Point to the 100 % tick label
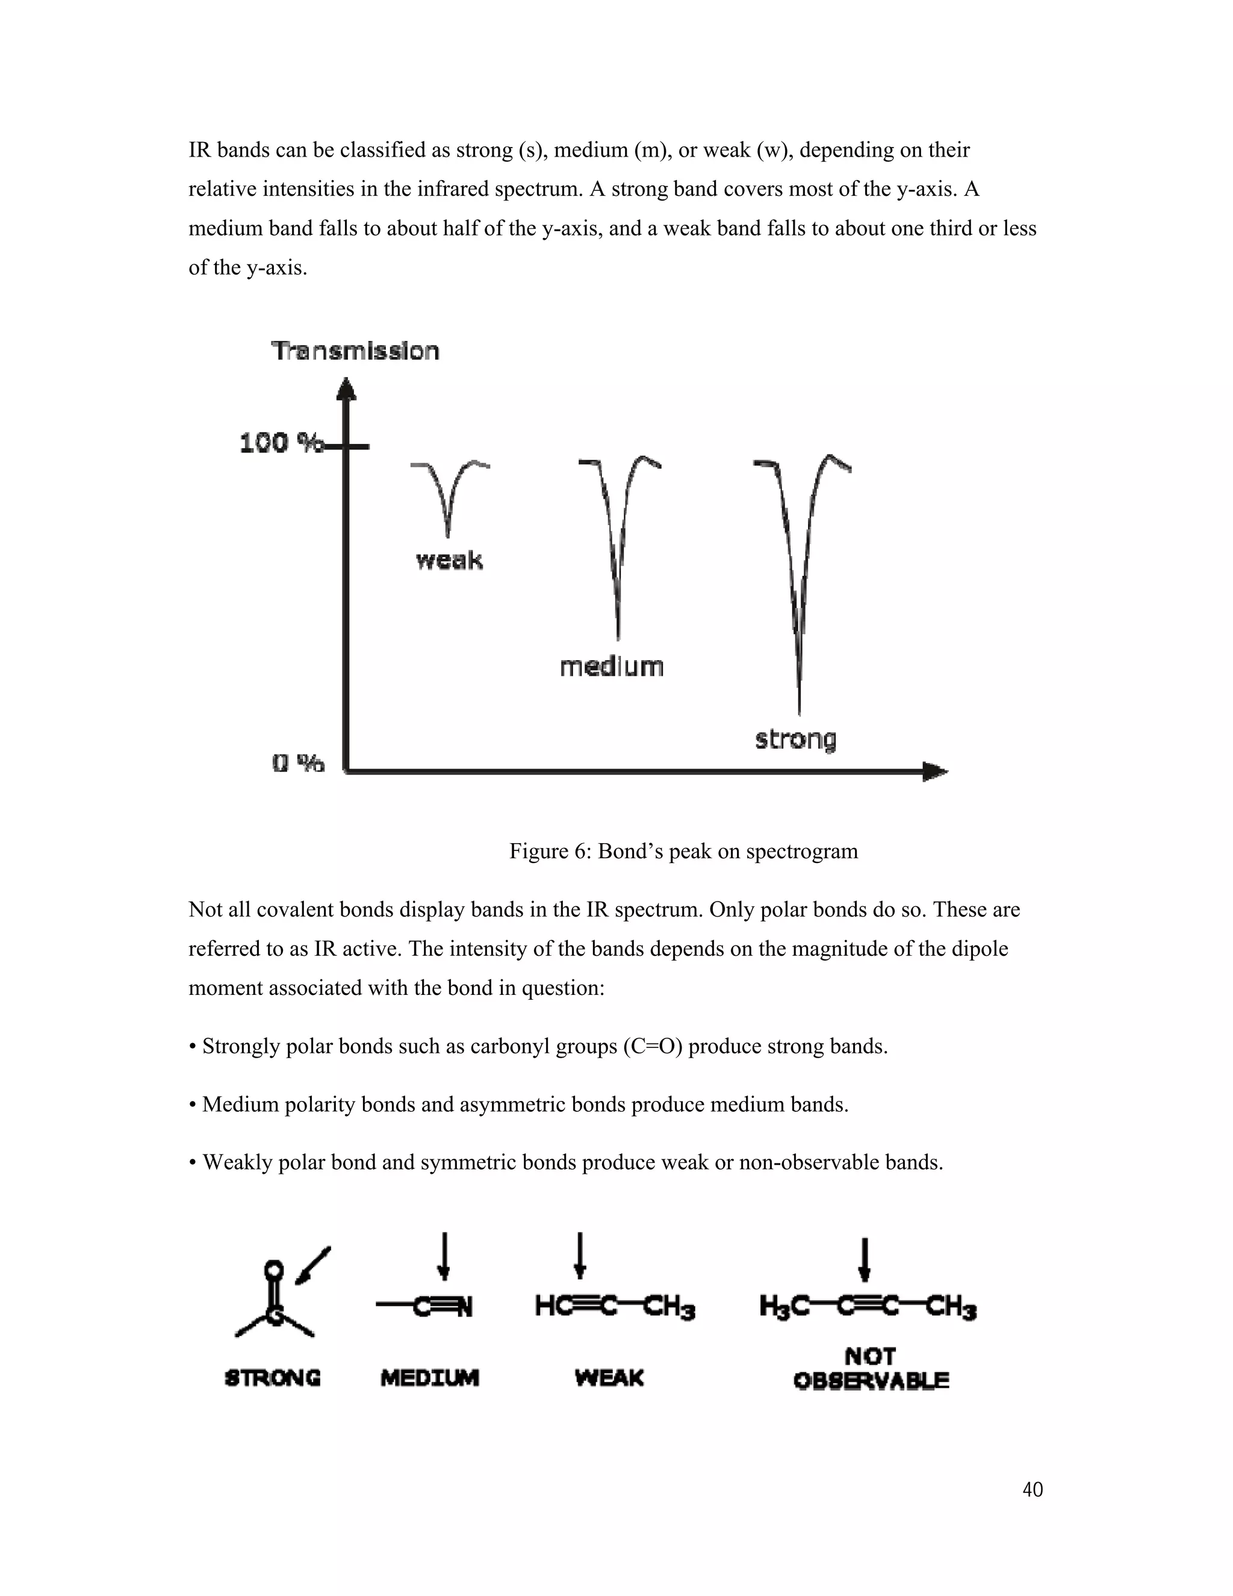[x=281, y=443]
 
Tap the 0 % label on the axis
[x=298, y=764]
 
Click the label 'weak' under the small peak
[x=449, y=561]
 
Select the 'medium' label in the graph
[x=612, y=667]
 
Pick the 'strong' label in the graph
[x=795, y=739]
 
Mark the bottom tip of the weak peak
[x=448, y=535]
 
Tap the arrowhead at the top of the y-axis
[x=346, y=389]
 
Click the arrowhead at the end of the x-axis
[x=935, y=771]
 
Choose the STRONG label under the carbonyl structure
[x=273, y=1378]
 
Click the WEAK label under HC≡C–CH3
[x=609, y=1378]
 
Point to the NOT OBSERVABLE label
[x=871, y=1369]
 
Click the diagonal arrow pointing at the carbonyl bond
[x=312, y=1264]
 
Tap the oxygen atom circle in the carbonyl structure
[x=273, y=1268]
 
